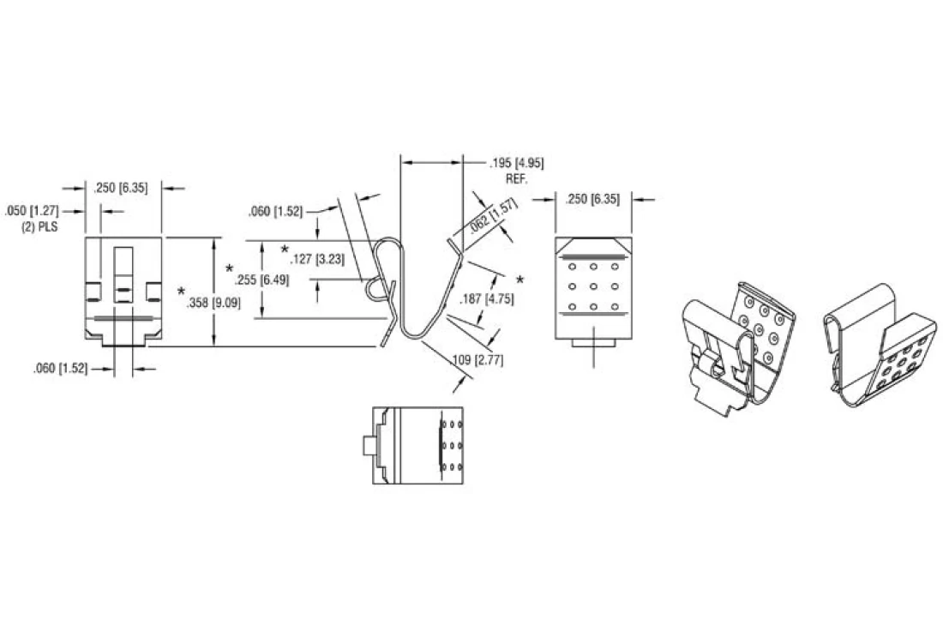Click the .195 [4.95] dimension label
(517, 164)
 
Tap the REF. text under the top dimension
(517, 179)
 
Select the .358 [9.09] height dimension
(213, 303)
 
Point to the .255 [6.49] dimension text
(261, 280)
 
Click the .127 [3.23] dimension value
(317, 260)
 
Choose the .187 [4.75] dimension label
(487, 299)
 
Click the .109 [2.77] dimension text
(478, 360)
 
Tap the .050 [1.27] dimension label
(31, 211)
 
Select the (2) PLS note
(40, 228)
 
